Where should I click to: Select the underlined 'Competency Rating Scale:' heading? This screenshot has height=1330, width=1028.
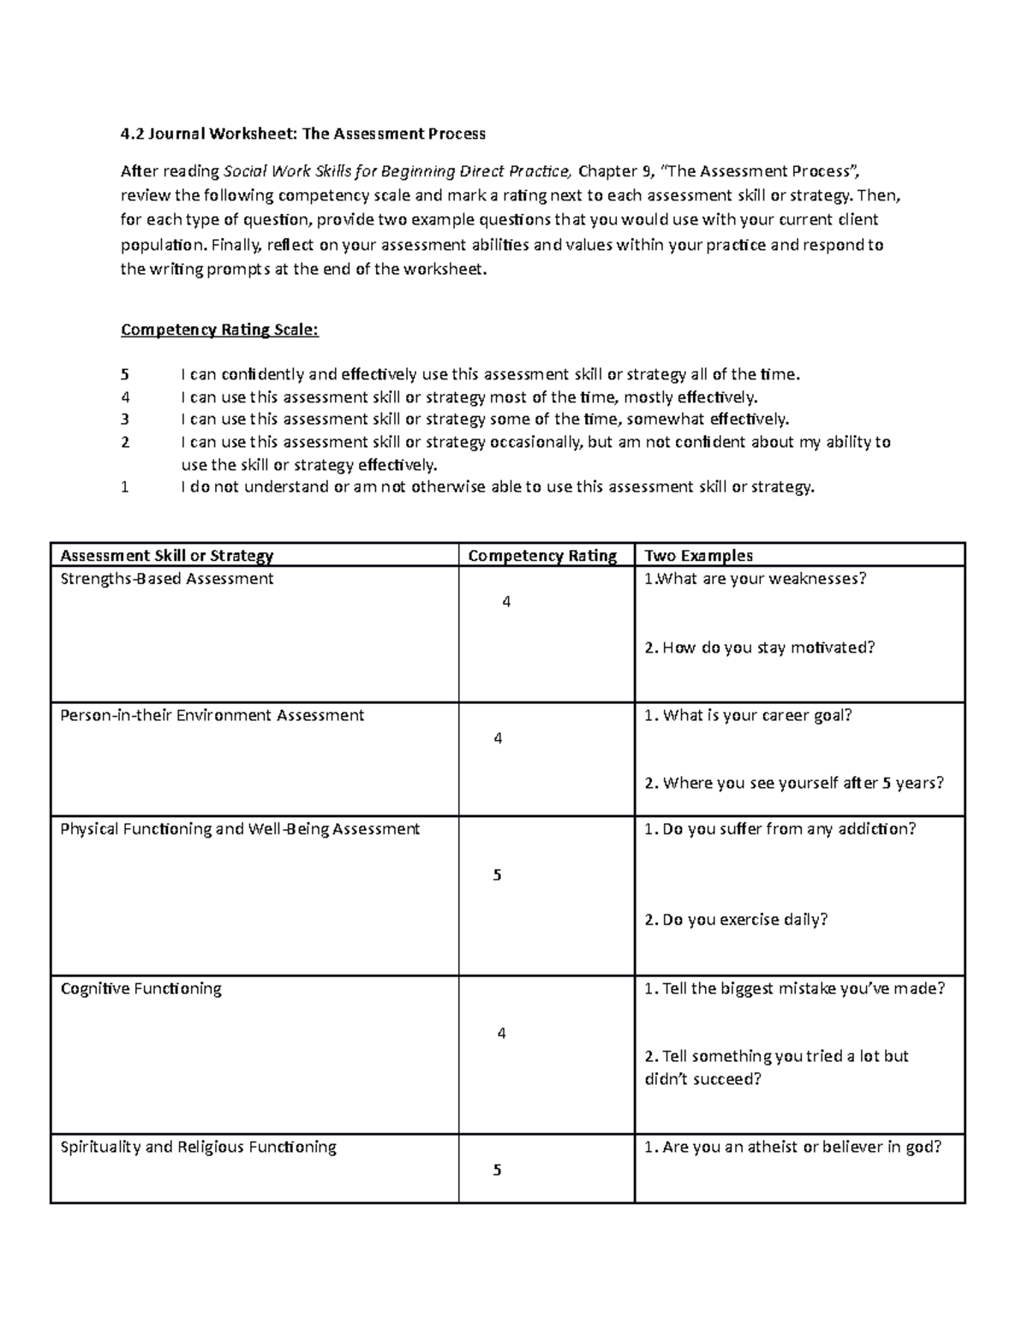click(x=219, y=330)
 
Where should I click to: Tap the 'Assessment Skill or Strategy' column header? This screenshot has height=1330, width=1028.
click(x=167, y=556)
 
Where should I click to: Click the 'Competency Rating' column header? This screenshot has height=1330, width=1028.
click(x=542, y=556)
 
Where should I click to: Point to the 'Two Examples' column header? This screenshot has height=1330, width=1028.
click(x=698, y=556)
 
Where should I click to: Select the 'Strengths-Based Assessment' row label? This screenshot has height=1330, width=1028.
click(x=167, y=579)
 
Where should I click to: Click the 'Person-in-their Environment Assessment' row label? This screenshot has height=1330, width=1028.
click(x=212, y=715)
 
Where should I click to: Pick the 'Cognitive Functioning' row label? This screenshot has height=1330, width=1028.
click(x=141, y=988)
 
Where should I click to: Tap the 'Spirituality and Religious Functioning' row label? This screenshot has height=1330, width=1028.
click(x=199, y=1147)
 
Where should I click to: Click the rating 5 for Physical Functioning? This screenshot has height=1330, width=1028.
click(x=497, y=874)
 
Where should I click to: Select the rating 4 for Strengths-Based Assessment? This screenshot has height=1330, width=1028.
click(x=506, y=602)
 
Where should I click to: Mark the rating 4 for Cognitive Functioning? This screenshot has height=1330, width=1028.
click(x=502, y=1034)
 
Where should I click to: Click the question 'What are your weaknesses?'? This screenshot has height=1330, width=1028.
click(x=759, y=579)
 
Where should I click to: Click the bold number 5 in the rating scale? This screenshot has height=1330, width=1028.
click(x=125, y=374)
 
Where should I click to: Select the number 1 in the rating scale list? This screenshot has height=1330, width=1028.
click(x=125, y=487)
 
